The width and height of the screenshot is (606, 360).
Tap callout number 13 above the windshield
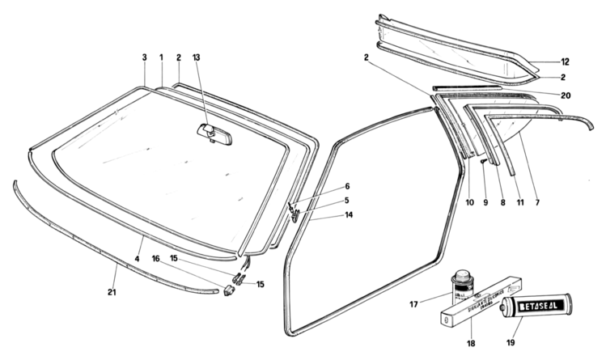(x=197, y=57)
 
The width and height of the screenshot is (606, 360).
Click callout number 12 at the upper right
(x=566, y=62)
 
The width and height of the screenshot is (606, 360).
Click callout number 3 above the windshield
(x=145, y=57)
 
